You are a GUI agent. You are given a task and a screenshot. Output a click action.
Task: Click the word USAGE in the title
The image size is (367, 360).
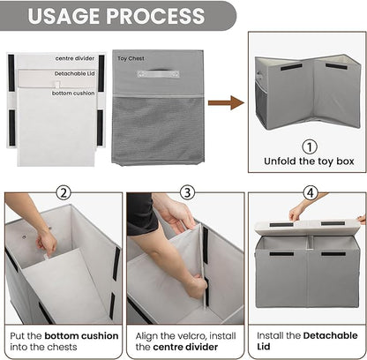point(64,16)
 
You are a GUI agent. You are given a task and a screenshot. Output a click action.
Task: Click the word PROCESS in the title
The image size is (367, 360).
point(155,16)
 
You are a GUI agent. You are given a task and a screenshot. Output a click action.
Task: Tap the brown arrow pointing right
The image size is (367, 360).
point(226,102)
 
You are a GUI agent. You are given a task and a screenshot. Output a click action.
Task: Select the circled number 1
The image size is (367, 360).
point(310,146)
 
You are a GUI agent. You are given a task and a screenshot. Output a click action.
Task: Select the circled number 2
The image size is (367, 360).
point(64,193)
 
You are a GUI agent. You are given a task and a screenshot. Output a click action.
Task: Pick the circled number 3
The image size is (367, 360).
point(187,193)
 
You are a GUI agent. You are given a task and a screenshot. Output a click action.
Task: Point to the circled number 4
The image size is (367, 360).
point(311,193)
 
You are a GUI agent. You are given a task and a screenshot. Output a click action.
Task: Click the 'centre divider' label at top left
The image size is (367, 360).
point(75,58)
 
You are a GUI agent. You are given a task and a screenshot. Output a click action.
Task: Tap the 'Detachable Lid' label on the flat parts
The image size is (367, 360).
point(74,73)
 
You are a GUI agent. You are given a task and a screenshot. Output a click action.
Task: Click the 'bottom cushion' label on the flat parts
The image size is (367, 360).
point(73,94)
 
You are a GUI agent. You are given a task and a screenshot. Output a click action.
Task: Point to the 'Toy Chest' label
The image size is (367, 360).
point(131,58)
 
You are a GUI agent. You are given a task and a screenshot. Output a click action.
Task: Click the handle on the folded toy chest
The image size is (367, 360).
point(158,73)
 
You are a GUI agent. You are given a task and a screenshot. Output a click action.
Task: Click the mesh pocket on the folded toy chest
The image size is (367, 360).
point(158,130)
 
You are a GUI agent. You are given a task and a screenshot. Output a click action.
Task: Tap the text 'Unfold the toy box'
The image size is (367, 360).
point(309,161)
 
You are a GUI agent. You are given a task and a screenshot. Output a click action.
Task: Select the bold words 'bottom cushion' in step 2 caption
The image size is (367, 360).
point(81,336)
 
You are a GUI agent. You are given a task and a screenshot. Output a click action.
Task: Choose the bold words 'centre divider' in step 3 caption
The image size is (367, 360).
point(185,347)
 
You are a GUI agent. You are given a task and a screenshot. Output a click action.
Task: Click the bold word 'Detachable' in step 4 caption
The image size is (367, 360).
point(331,335)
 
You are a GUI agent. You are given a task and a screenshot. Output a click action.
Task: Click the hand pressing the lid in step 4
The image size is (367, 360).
point(297,213)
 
